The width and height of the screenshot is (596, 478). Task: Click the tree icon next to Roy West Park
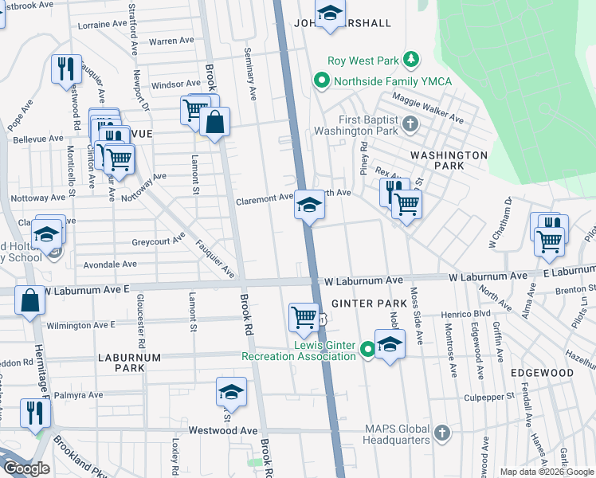411,60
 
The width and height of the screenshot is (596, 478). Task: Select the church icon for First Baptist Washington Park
410,124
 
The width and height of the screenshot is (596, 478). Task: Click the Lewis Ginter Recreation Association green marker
367,349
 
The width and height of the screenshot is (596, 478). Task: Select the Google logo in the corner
26,468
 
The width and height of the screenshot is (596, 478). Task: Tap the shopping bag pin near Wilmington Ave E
29,300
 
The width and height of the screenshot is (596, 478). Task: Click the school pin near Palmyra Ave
231,392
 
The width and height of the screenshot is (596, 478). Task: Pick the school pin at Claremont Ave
308,206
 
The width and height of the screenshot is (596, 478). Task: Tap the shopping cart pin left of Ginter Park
304,316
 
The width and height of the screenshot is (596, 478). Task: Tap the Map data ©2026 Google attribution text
547,472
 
